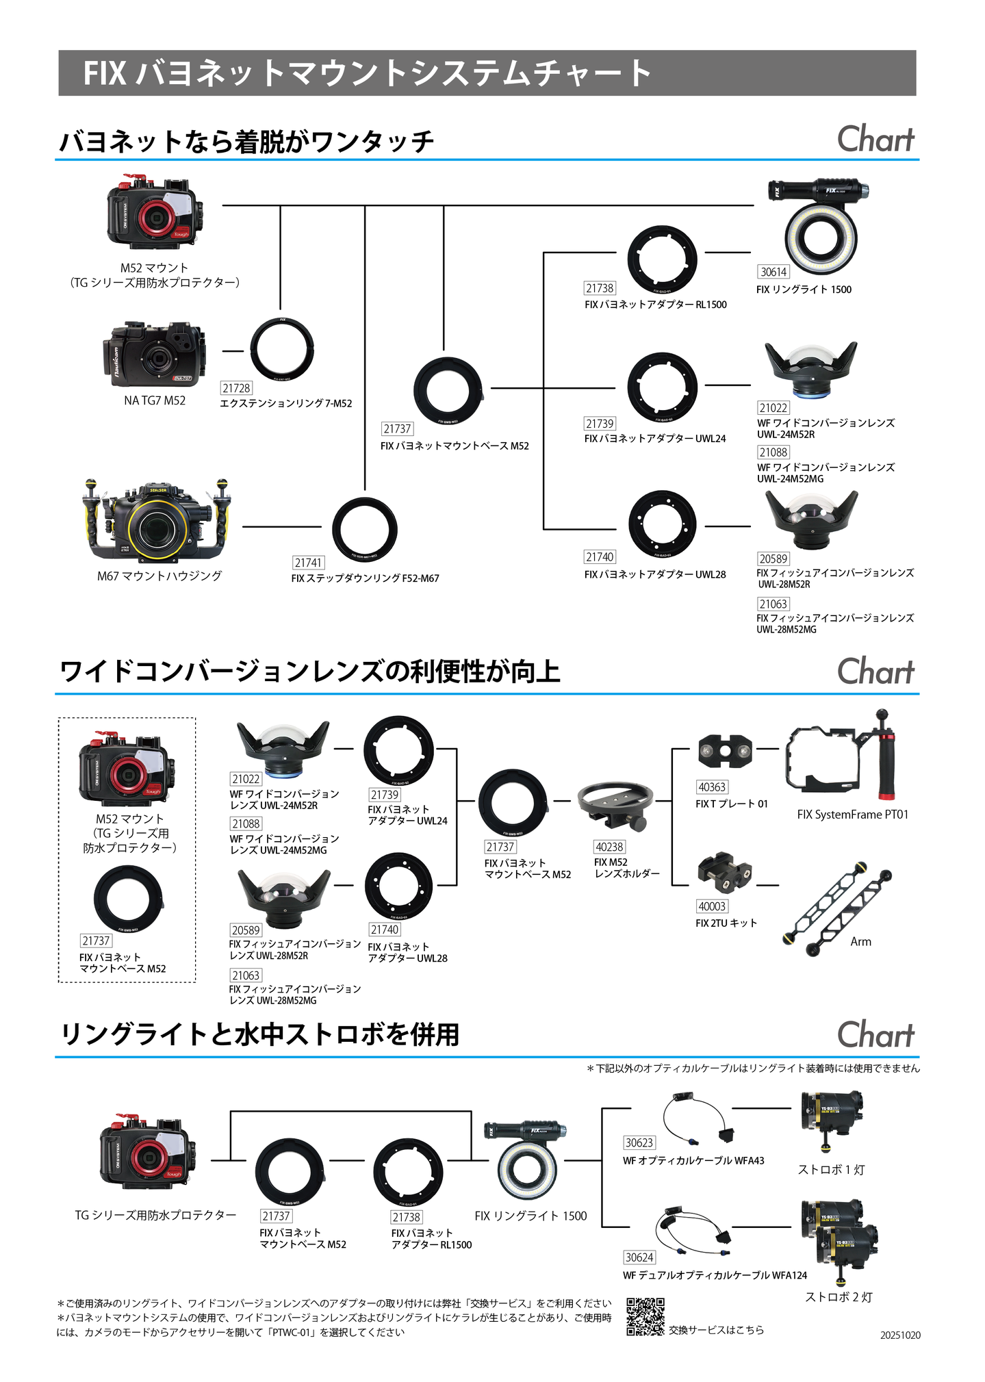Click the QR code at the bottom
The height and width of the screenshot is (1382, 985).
pos(645,1316)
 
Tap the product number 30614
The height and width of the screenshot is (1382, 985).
pos(773,272)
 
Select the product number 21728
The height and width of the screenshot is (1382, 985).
pos(236,388)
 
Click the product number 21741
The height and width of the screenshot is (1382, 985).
pos(308,563)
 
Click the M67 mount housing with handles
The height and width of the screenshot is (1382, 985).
pos(157,521)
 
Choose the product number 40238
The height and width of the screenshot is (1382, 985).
pos(609,847)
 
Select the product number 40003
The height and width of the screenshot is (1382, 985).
pos(712,906)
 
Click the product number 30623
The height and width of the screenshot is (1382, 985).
pos(639,1142)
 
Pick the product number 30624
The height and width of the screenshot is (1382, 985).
pos(639,1257)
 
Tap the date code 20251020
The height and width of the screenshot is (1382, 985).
pos(900,1335)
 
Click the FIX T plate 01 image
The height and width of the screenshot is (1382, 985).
pos(725,751)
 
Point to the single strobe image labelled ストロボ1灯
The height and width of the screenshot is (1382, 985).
pos(831,1116)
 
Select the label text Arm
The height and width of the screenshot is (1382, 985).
pos(860,942)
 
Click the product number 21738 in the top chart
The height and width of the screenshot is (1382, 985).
pos(600,288)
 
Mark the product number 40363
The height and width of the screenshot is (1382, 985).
pos(712,787)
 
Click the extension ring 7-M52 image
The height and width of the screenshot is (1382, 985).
pos(282,350)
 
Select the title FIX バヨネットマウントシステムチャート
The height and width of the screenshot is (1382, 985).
pos(367,73)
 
